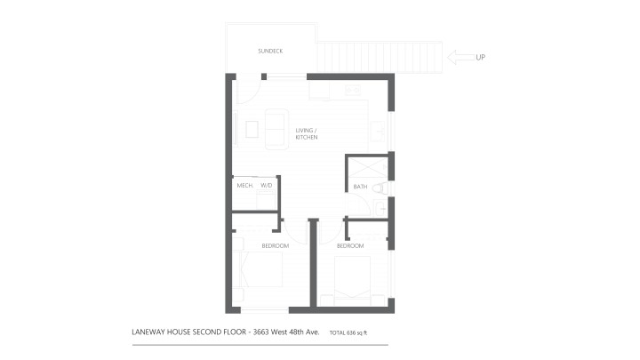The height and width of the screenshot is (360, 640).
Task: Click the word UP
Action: [480, 59]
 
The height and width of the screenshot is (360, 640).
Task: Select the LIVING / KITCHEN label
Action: [307, 134]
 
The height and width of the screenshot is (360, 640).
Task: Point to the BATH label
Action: [360, 187]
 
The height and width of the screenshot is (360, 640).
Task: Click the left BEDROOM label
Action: [275, 245]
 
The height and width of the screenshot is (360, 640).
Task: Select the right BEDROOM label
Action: [350, 245]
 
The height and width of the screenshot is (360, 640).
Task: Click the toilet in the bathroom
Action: [380, 188]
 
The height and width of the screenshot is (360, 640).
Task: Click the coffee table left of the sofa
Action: [252, 130]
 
